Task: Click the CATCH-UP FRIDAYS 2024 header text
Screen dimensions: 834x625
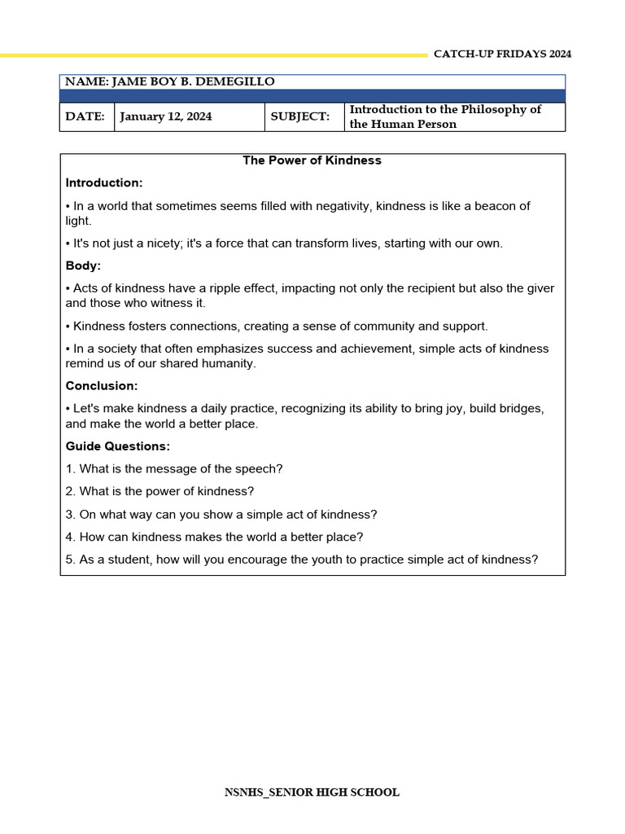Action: pos(502,54)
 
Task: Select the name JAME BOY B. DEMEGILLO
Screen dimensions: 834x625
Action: pos(193,81)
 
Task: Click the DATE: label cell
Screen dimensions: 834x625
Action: pos(85,116)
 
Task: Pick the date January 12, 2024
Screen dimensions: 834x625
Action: pos(166,116)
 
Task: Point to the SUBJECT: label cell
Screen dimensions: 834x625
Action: pos(300,116)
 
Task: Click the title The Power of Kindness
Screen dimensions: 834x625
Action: pos(312,160)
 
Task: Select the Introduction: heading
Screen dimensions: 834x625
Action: pos(104,182)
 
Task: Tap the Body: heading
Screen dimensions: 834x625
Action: pos(83,266)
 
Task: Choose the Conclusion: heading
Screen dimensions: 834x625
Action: pos(102,385)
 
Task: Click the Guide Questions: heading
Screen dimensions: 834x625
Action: pos(118,446)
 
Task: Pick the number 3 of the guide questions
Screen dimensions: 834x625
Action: pos(70,515)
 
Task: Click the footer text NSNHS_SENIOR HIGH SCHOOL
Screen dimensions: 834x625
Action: pos(312,792)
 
